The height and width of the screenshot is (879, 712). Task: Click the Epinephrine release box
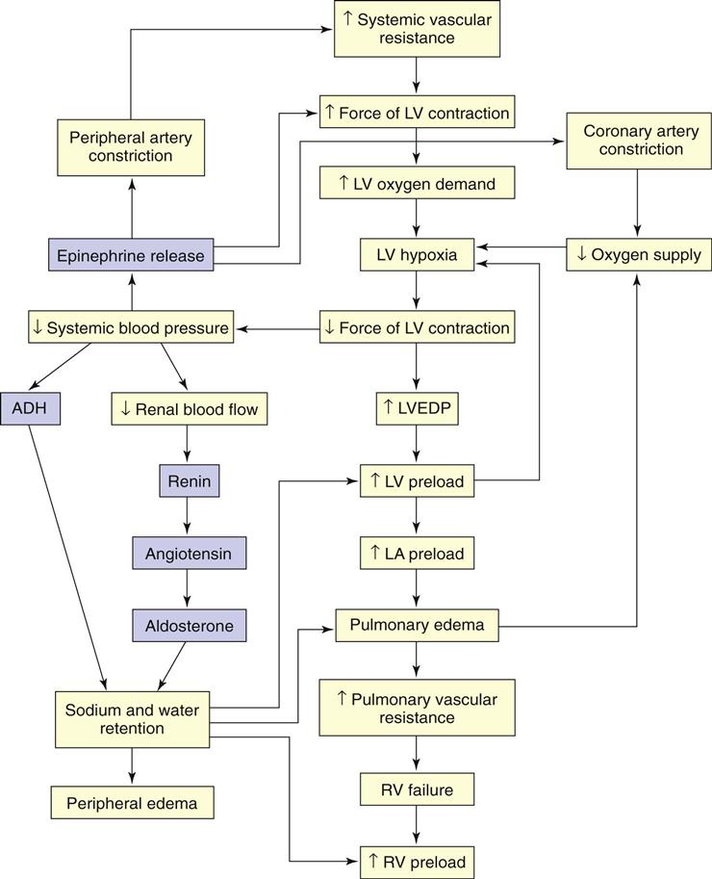131,255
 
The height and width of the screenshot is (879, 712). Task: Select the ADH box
30,408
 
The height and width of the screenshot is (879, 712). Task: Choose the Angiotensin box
189,554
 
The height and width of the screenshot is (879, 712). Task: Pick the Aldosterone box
189,626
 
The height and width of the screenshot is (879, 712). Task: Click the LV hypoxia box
417,255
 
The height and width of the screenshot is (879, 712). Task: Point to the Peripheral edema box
132,801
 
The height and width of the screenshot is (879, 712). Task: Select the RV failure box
417,790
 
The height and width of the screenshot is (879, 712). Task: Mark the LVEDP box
417,408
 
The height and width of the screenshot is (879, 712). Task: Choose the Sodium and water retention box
132,719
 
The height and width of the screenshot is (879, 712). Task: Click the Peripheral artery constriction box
131,146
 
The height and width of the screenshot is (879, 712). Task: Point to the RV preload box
417,862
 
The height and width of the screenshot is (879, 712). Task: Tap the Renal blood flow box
188,408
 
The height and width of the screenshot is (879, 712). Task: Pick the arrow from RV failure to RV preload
417,826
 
